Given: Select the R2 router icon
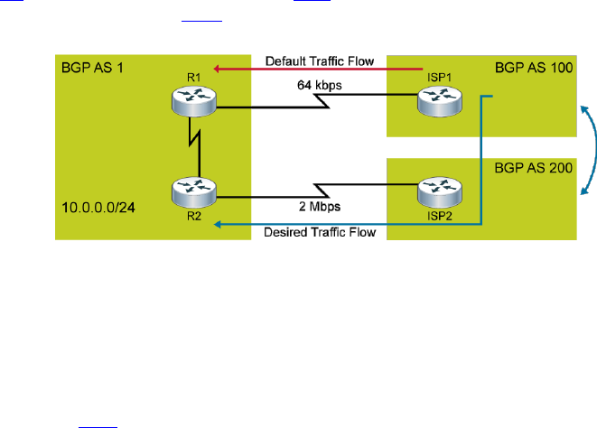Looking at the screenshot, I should click(193, 192).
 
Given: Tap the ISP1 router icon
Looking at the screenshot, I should click(437, 104).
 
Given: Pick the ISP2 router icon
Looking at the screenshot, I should click(437, 192).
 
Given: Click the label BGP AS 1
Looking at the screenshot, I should click(93, 69).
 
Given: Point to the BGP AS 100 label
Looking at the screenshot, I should click(534, 69).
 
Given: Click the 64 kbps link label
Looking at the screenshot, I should click(318, 87).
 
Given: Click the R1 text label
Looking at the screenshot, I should click(191, 79).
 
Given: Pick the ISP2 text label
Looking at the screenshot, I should click(438, 217).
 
